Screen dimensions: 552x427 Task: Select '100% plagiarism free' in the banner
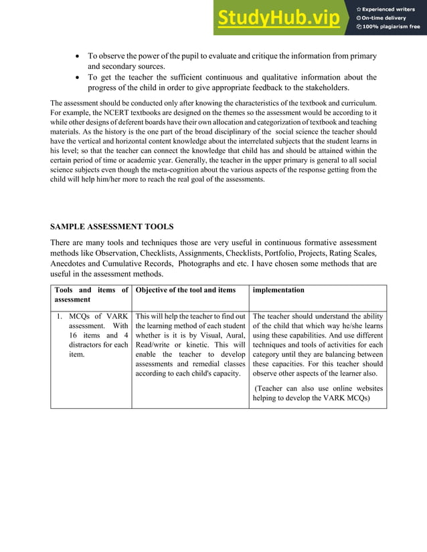(x=392, y=27)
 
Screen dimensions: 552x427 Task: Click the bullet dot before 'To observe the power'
(x=78, y=57)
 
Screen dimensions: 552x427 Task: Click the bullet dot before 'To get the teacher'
(x=78, y=78)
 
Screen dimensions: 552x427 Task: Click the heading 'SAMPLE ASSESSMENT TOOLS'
(x=112, y=227)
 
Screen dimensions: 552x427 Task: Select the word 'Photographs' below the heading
(x=207, y=264)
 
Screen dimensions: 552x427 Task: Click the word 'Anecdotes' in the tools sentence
(x=70, y=264)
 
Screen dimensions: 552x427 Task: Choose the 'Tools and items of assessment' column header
(x=90, y=295)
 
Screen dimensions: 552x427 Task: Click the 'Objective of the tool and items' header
(x=185, y=290)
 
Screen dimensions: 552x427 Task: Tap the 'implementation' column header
(x=278, y=290)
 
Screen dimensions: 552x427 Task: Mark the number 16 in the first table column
(x=74, y=335)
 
